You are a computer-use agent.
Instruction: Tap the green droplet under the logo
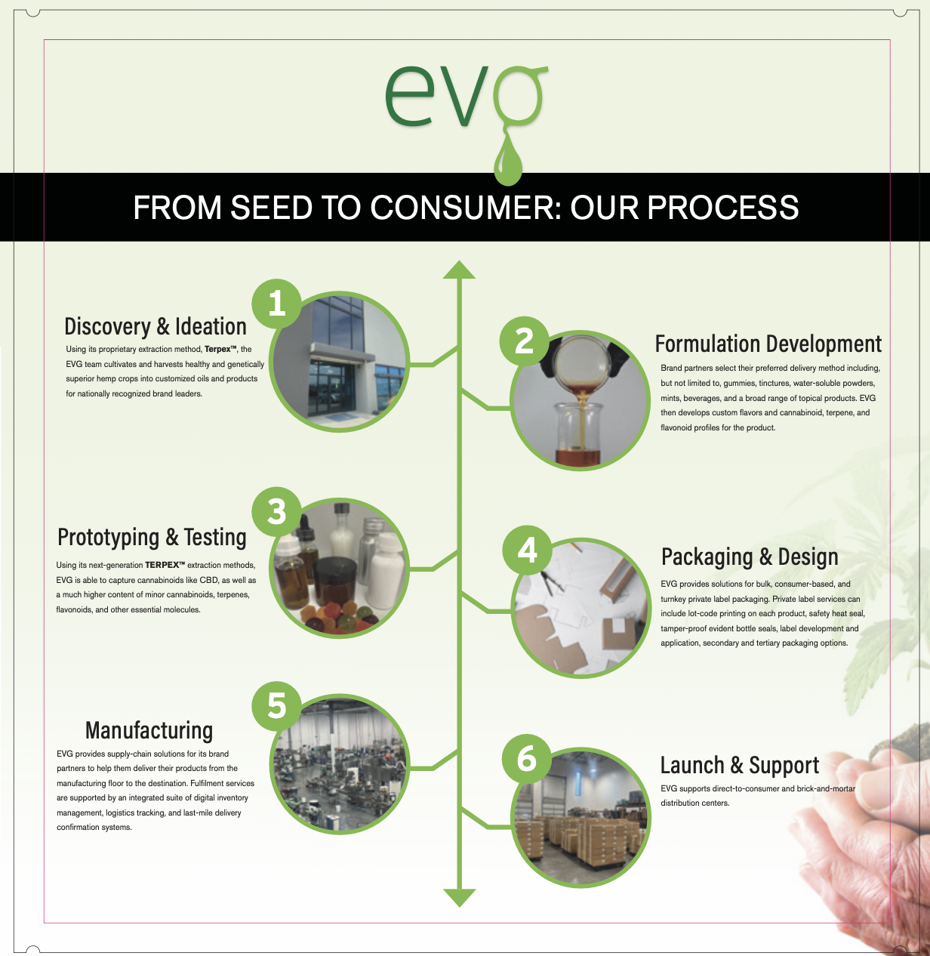click(508, 164)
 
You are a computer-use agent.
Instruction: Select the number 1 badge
click(277, 304)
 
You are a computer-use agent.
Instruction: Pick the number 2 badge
click(525, 341)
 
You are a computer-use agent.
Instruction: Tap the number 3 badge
click(277, 512)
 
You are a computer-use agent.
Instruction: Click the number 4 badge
click(528, 550)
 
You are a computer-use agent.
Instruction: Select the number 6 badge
click(526, 758)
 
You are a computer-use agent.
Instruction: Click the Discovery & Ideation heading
click(156, 326)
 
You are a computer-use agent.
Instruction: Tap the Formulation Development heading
click(768, 344)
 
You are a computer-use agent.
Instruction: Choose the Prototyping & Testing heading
click(152, 537)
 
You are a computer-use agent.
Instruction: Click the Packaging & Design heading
click(750, 557)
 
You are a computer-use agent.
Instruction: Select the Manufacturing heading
click(149, 730)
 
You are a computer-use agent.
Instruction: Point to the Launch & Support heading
click(739, 765)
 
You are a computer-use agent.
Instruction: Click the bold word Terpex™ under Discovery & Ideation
click(221, 349)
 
